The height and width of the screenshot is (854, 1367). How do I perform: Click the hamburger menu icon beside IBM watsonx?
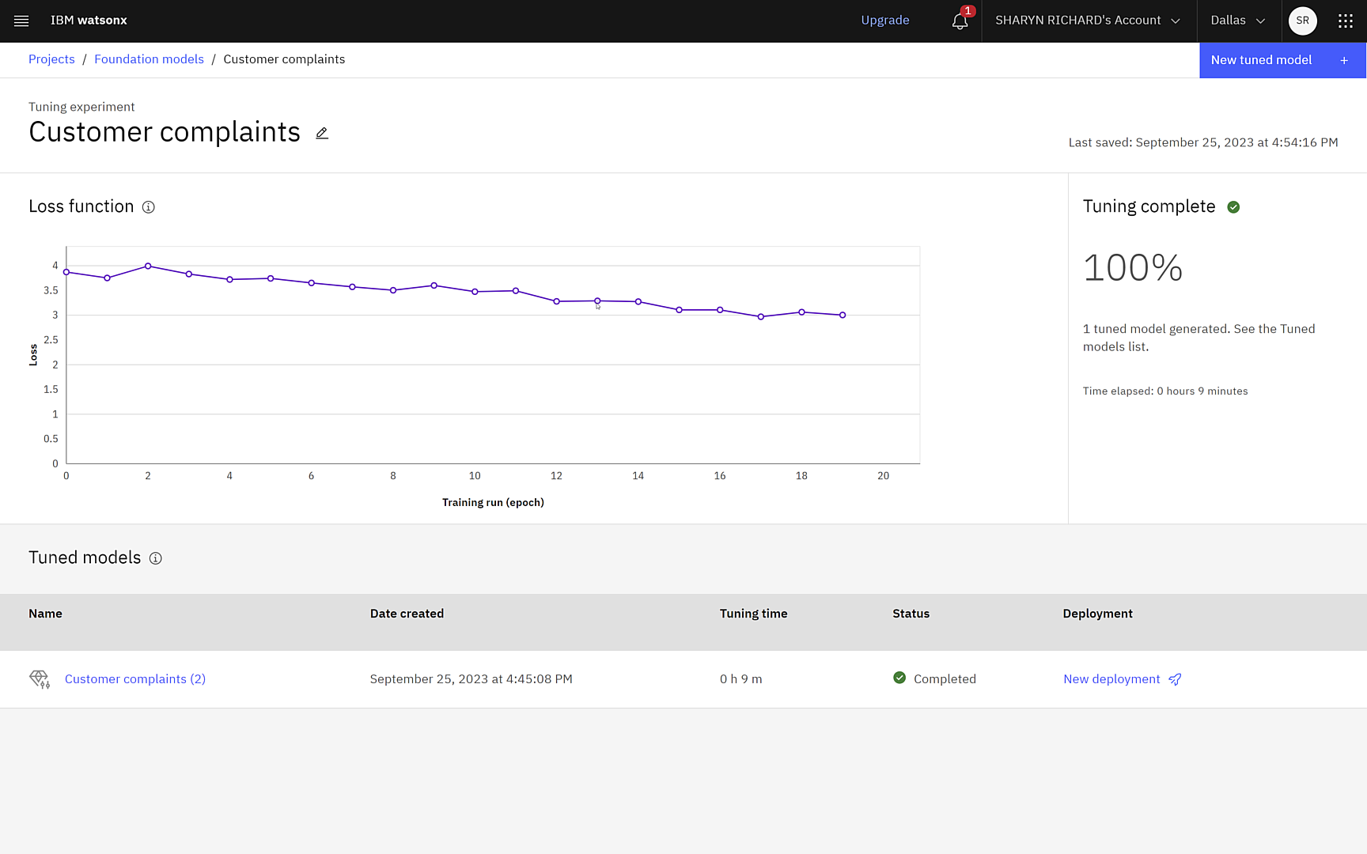point(21,21)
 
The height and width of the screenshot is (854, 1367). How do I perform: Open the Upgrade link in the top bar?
point(884,21)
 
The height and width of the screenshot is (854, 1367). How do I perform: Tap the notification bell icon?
point(960,21)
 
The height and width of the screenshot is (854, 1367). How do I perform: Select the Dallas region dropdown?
point(1237,21)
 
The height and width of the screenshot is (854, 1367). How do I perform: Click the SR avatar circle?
point(1302,21)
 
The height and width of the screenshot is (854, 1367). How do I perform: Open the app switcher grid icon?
point(1345,21)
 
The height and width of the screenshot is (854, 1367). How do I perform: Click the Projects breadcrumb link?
point(51,59)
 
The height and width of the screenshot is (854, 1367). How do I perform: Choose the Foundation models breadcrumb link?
point(149,59)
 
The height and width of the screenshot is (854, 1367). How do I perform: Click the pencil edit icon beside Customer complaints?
point(322,133)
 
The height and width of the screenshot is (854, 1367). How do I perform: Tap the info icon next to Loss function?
point(148,207)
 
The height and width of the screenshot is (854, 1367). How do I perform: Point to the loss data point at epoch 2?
point(148,266)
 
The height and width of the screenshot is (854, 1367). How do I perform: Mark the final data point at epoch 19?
point(843,315)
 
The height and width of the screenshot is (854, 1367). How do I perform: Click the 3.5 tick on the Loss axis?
point(51,290)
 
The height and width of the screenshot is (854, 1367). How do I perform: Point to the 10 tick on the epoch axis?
point(475,476)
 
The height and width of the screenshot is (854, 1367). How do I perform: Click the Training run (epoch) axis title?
point(493,503)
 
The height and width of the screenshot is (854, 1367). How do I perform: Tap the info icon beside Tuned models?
point(156,558)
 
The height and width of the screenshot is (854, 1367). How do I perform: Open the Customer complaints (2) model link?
point(135,679)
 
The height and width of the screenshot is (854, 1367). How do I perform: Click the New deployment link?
point(1111,679)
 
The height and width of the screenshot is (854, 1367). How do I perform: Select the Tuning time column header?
point(753,614)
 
